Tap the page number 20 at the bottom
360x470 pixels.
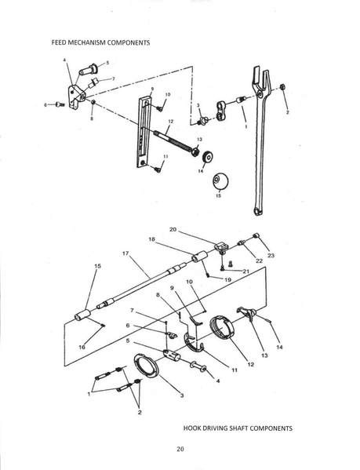180,449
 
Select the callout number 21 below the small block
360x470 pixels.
245,271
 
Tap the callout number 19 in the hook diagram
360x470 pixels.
227,279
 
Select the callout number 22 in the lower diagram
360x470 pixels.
259,261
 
